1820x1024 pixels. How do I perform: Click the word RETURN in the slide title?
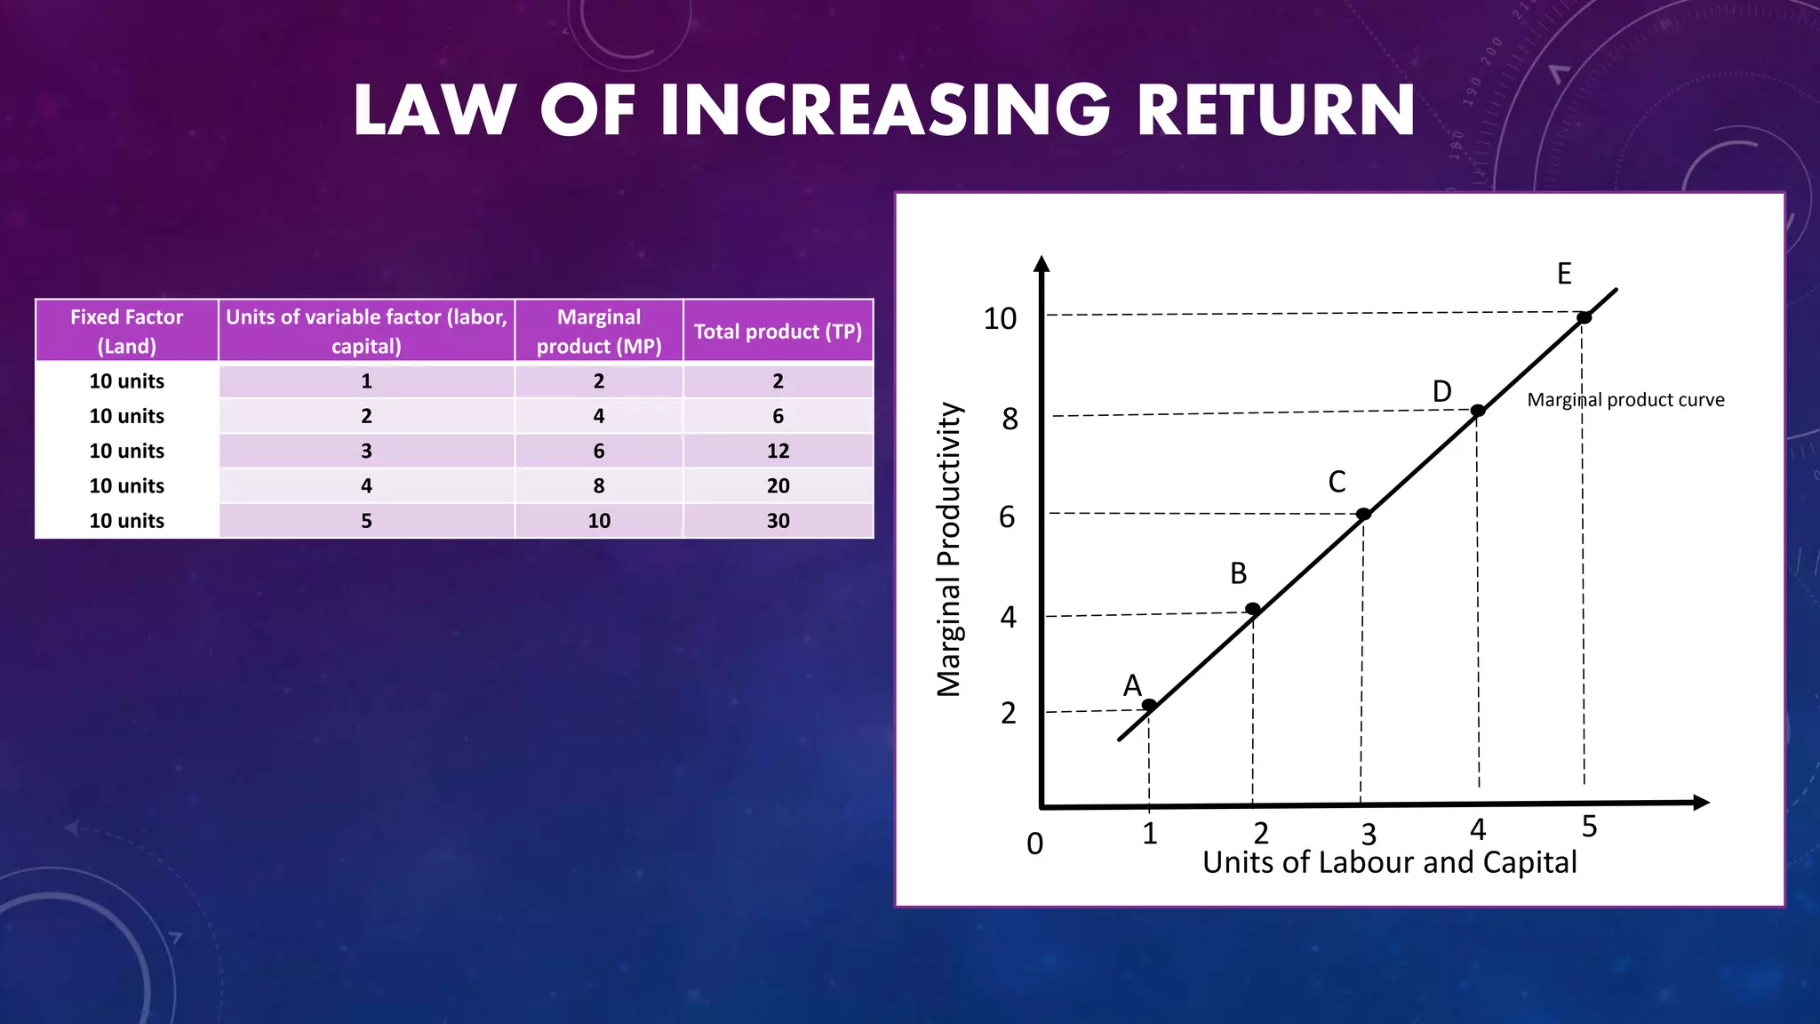click(1276, 110)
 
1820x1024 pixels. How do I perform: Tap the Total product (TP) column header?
click(778, 332)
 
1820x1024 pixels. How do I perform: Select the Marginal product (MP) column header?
click(599, 332)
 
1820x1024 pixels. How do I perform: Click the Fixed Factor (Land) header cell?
click(127, 332)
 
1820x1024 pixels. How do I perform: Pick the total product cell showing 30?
click(778, 521)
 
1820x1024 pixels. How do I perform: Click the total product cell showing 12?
click(778, 451)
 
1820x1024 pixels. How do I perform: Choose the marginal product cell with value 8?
click(599, 486)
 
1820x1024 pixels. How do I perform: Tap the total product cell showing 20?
click(778, 486)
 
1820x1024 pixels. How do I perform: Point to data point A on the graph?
click(1149, 705)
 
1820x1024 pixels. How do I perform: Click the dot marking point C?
click(1363, 514)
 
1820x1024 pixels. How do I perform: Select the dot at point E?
click(1584, 317)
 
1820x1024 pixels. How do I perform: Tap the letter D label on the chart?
click(1441, 391)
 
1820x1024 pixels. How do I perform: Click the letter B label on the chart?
click(1238, 573)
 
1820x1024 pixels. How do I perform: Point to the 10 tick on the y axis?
click(1000, 318)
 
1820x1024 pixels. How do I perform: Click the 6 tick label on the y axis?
click(1007, 517)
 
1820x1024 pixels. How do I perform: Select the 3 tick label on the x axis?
click(1369, 834)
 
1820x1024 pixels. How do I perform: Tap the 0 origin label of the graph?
click(1034, 843)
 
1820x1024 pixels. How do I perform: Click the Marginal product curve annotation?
click(1625, 400)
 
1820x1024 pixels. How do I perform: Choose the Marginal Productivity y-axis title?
click(950, 549)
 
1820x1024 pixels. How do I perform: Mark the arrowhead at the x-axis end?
click(1701, 803)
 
